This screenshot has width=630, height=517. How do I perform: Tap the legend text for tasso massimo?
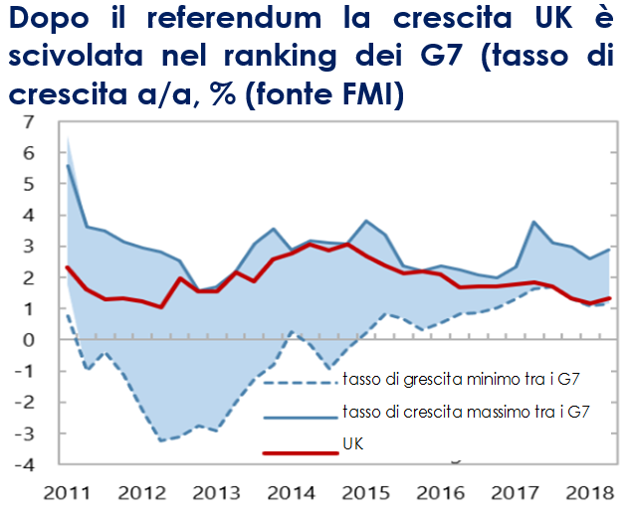coord(467,413)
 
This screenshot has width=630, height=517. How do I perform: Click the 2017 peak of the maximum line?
coord(534,222)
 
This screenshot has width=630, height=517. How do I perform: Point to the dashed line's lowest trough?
coord(162,440)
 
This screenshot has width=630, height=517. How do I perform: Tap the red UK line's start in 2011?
coord(67,266)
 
